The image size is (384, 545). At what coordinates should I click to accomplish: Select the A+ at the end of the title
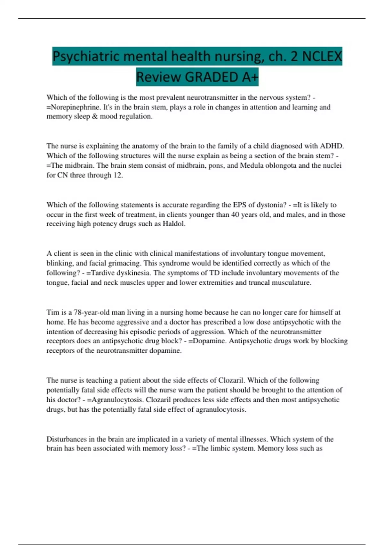249,77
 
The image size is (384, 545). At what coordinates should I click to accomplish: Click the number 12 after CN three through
117,175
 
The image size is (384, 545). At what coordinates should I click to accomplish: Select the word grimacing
125,263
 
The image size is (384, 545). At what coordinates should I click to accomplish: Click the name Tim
52,312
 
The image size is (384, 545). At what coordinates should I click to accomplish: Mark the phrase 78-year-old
90,312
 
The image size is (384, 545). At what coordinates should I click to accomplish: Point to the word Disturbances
67,439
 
